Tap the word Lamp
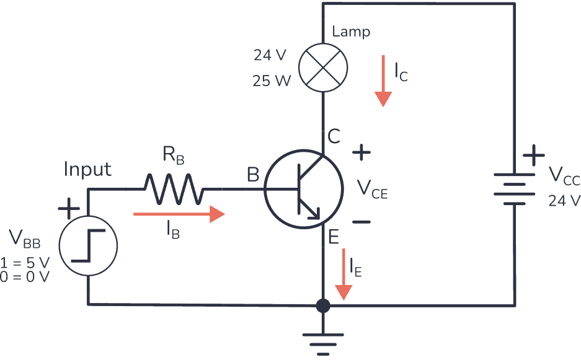(351, 32)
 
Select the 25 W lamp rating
(271, 81)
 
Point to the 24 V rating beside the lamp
(270, 55)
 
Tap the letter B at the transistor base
(253, 175)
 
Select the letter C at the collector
(334, 137)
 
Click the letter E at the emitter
(333, 237)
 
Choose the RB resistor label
(174, 156)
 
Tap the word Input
(87, 169)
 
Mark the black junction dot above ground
(322, 305)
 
